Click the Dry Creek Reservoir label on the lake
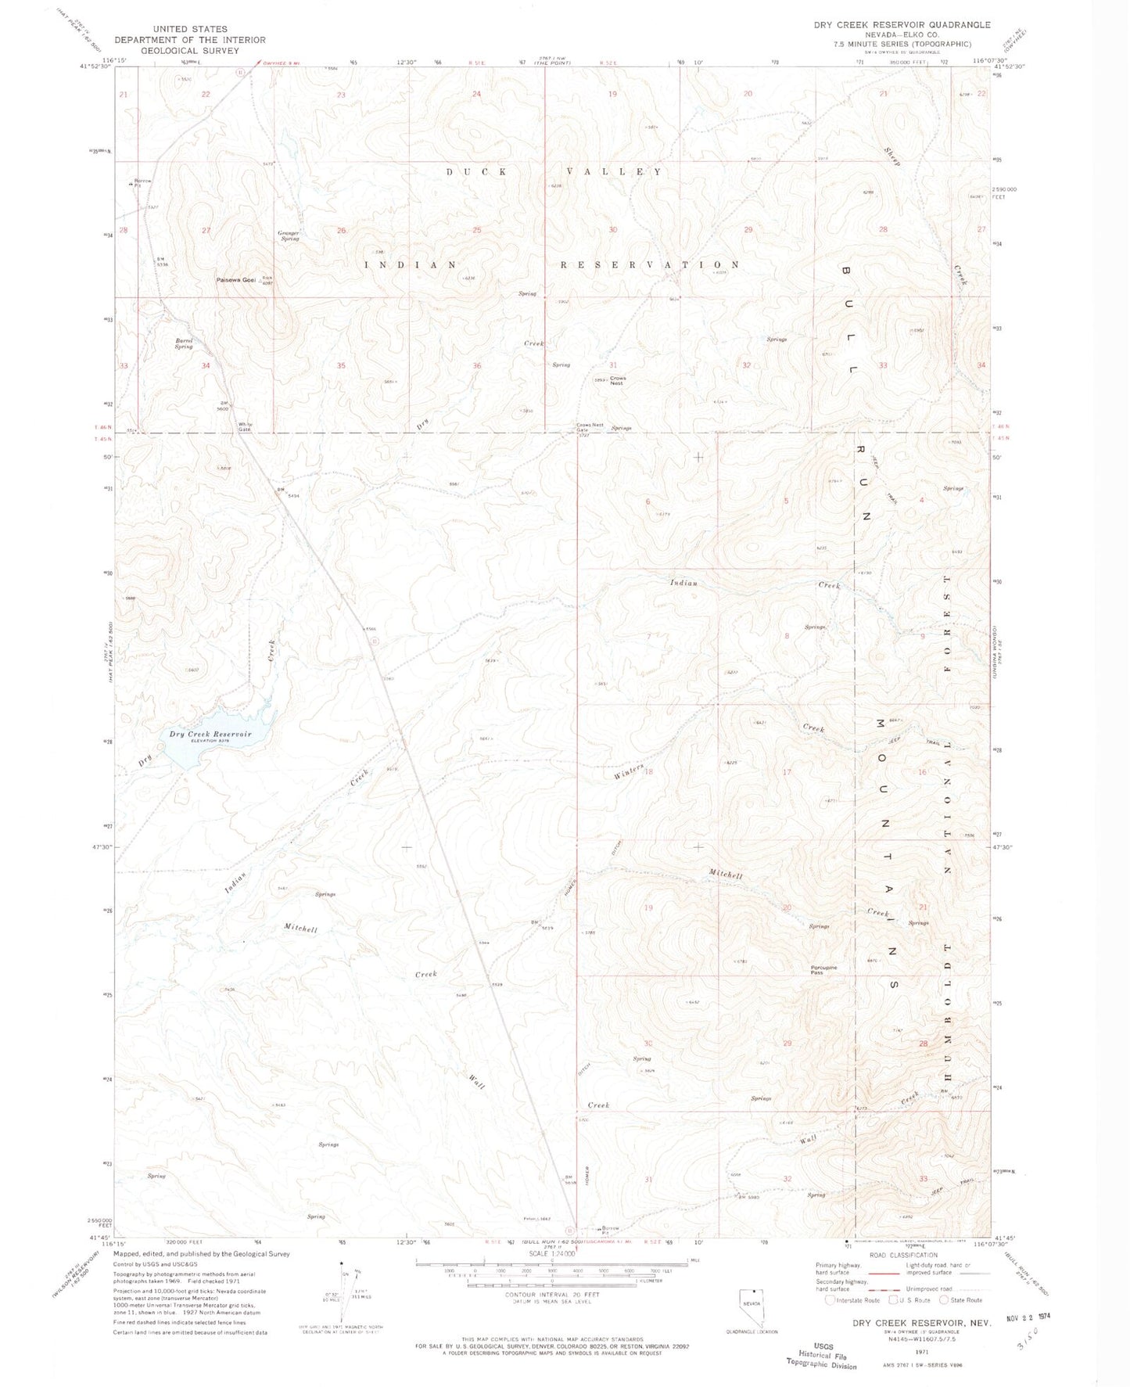(x=210, y=735)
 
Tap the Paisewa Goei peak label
(x=237, y=281)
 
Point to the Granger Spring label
(x=289, y=235)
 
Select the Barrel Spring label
(x=184, y=343)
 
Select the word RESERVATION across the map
(x=650, y=264)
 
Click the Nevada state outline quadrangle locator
(x=751, y=1305)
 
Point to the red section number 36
(x=476, y=365)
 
